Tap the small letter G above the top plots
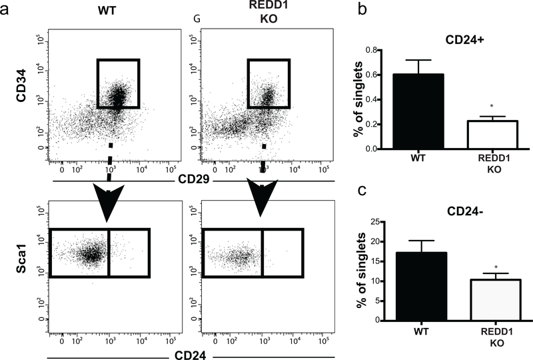pos(197,19)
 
